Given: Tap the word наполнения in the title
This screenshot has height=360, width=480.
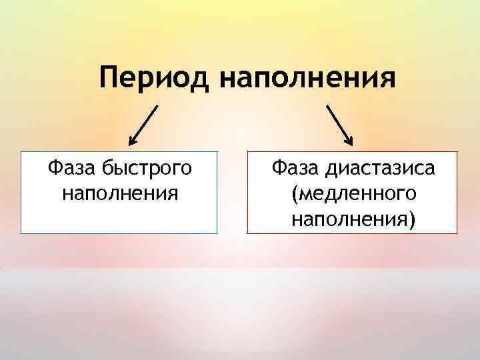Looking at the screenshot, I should click(x=306, y=79).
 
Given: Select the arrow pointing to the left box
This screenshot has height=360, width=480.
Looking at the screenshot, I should click(x=145, y=124).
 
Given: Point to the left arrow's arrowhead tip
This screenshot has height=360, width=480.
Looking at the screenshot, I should click(x=130, y=145).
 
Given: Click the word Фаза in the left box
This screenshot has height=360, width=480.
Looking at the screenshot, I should click(x=72, y=168).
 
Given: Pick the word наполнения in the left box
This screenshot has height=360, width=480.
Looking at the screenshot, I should click(x=119, y=193).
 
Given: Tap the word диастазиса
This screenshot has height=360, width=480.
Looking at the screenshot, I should click(x=381, y=169).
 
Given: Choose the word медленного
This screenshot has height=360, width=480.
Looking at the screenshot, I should click(x=354, y=194).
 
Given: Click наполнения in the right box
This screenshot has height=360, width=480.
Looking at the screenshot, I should click(x=349, y=218).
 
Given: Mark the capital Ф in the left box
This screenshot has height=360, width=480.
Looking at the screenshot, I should click(x=54, y=168).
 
